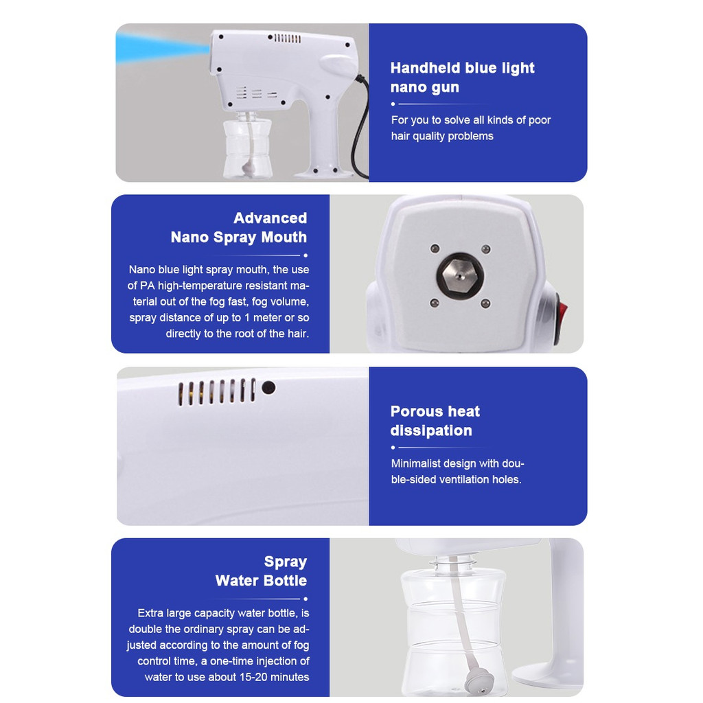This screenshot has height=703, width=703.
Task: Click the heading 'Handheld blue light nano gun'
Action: [x=462, y=77]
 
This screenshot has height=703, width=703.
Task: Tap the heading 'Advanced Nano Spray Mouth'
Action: [x=239, y=227]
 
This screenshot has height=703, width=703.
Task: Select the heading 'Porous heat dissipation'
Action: [x=435, y=421]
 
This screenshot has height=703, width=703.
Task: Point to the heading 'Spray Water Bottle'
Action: [x=262, y=571]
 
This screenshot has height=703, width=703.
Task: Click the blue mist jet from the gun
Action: [x=162, y=47]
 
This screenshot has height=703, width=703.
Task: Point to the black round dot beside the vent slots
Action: [x=268, y=387]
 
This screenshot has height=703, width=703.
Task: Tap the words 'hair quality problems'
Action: [x=442, y=136]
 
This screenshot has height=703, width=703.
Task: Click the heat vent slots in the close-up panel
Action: [x=217, y=392]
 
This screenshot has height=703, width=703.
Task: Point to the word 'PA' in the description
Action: [x=148, y=286]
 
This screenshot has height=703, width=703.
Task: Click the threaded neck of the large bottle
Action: [x=453, y=563]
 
